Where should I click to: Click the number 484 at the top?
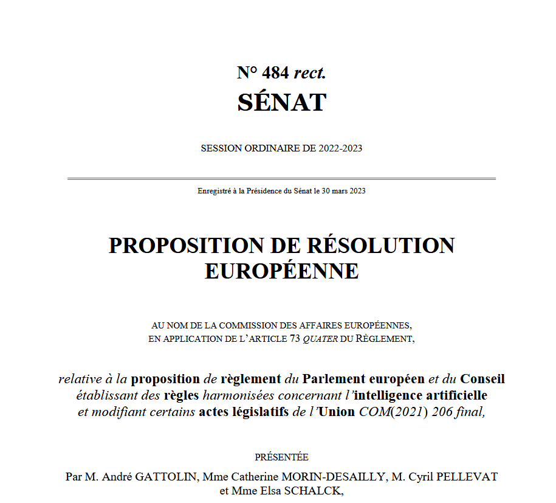pyautogui.click(x=275, y=74)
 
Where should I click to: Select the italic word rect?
pyautogui.click(x=310, y=74)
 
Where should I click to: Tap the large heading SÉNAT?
pyautogui.click(x=281, y=102)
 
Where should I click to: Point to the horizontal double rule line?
pyautogui.click(x=281, y=179)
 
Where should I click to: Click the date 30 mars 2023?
pyautogui.click(x=343, y=191)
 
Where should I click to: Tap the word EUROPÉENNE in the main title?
pyautogui.click(x=281, y=271)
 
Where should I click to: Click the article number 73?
pyautogui.click(x=295, y=339)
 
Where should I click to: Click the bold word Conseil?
pyautogui.click(x=482, y=379)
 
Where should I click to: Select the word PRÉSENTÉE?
pyautogui.click(x=281, y=457)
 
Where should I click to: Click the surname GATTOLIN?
pyautogui.click(x=164, y=476)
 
